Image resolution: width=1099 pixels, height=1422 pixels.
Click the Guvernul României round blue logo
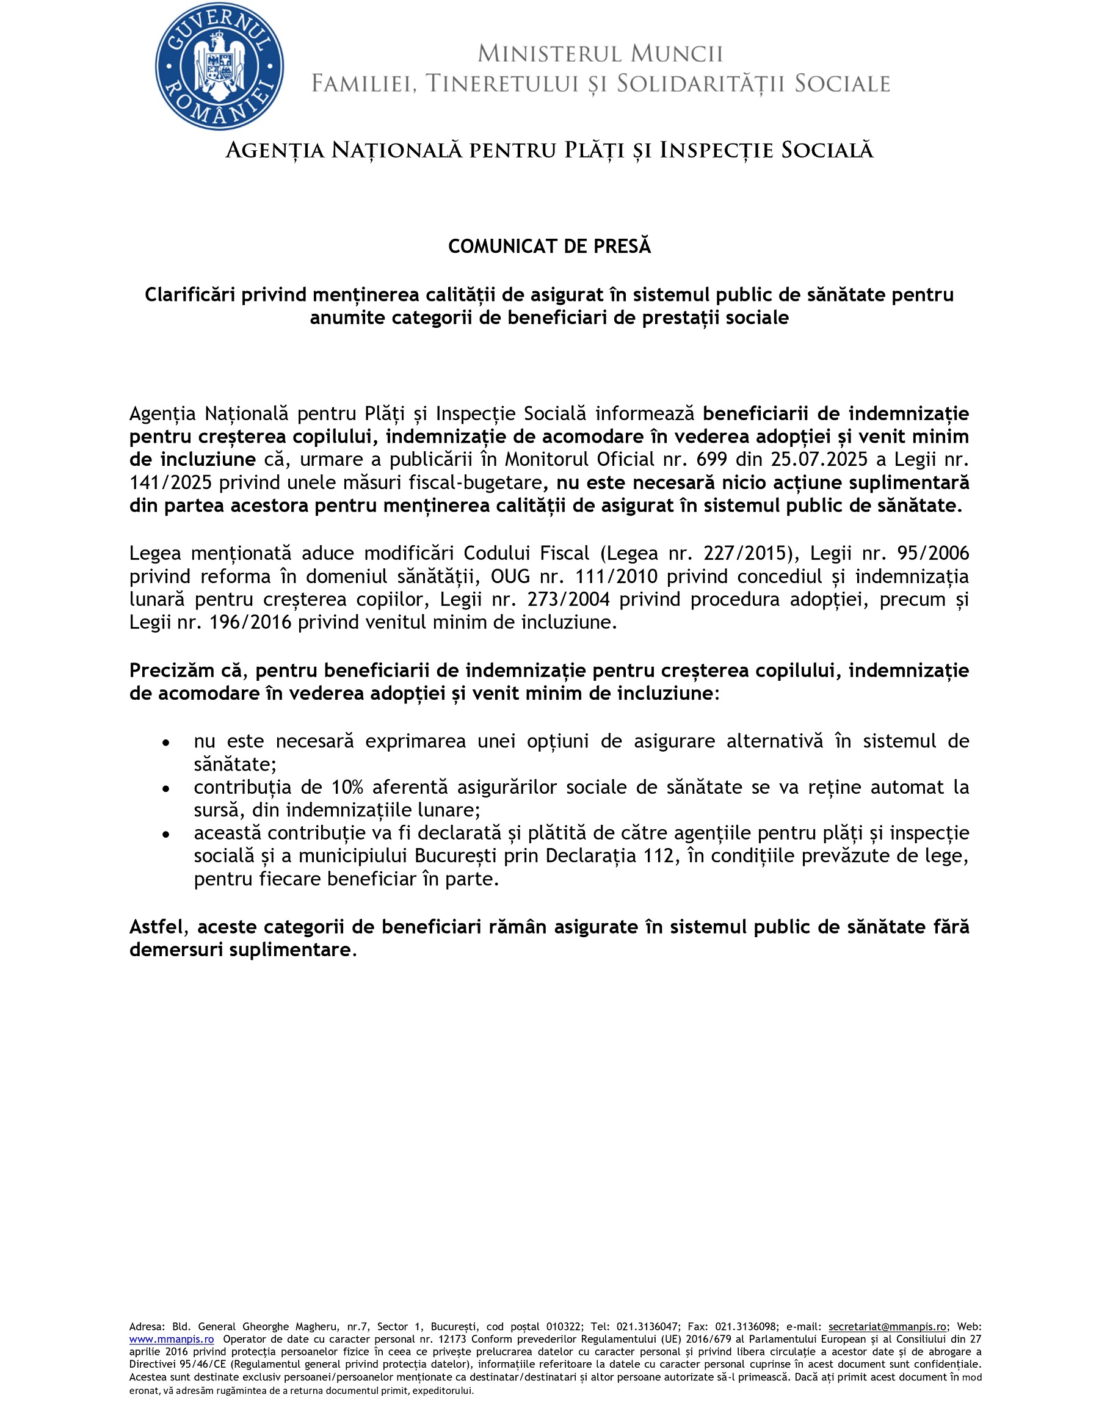(219, 67)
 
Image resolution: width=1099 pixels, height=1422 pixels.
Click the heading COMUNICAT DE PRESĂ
(549, 246)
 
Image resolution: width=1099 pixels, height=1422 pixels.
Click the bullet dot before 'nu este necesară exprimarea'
(167, 742)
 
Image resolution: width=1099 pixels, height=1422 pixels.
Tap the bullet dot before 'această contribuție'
(167, 834)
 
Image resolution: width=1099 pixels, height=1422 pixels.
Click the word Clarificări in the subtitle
(190, 295)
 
